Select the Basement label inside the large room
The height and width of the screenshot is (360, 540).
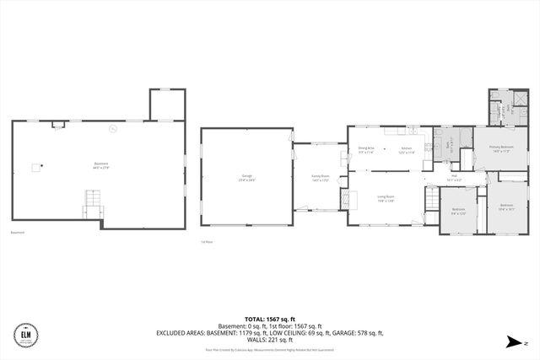coord(101,165)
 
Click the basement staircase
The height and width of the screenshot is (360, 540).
coord(92,203)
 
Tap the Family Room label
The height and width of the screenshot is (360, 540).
coord(321,178)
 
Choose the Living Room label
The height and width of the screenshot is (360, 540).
coord(386,198)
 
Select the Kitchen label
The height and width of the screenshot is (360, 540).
coord(406,150)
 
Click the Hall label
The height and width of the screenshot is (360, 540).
coord(453,178)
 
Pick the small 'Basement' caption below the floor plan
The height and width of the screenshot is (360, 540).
coord(18,234)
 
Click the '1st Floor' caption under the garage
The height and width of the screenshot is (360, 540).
coord(206,241)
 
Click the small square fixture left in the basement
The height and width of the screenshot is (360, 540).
coord(35,167)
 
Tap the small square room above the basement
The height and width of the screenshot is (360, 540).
coord(166,105)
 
